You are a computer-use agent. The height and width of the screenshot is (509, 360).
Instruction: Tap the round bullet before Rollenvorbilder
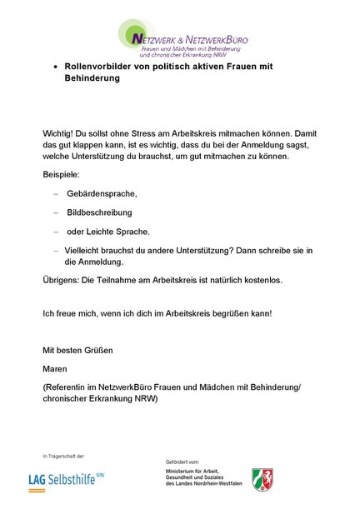(x=55, y=66)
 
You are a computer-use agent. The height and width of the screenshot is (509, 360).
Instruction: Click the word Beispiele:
(x=62, y=174)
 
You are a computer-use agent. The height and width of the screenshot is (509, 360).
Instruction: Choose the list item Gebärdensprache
(x=102, y=193)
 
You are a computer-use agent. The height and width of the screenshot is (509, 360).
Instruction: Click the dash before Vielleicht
(x=56, y=250)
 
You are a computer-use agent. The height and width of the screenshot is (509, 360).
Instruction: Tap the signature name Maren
(x=55, y=367)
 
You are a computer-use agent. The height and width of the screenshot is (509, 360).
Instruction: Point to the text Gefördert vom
(x=182, y=461)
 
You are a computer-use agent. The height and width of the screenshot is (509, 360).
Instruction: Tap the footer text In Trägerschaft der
(x=63, y=456)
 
